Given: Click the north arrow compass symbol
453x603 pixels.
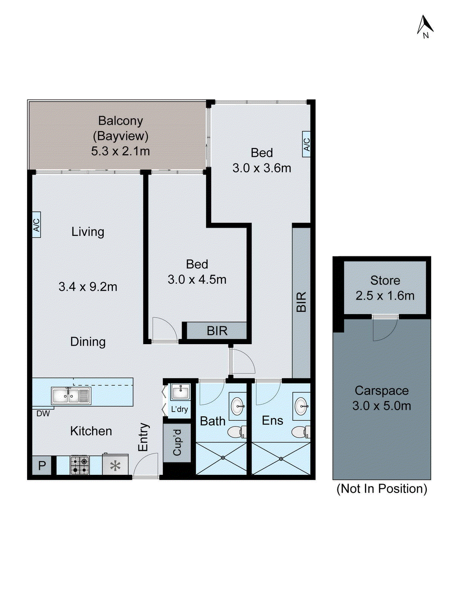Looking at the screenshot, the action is tap(425, 27).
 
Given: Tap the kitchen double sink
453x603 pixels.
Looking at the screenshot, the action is tap(71, 396).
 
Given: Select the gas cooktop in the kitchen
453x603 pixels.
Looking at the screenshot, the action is tap(80, 465).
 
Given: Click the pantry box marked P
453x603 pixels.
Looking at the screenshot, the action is tap(41, 465).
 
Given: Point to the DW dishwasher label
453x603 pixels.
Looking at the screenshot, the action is tap(43, 413).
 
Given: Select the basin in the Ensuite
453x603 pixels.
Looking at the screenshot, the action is tap(302, 406).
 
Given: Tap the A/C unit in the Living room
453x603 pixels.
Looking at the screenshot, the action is tap(36, 225).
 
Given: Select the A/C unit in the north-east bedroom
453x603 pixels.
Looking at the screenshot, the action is tap(306, 144).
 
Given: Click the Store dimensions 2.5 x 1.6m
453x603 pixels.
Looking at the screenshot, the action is tap(385, 296).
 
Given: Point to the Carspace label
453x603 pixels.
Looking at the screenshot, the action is tap(382, 391).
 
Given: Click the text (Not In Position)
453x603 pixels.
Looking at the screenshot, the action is tap(382, 489).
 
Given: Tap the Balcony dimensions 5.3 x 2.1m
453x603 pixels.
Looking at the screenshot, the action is tap(120, 151).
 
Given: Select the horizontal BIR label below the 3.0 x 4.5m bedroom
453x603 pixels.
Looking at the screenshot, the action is tap(217, 331).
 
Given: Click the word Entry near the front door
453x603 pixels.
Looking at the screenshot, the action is tap(143, 437).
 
